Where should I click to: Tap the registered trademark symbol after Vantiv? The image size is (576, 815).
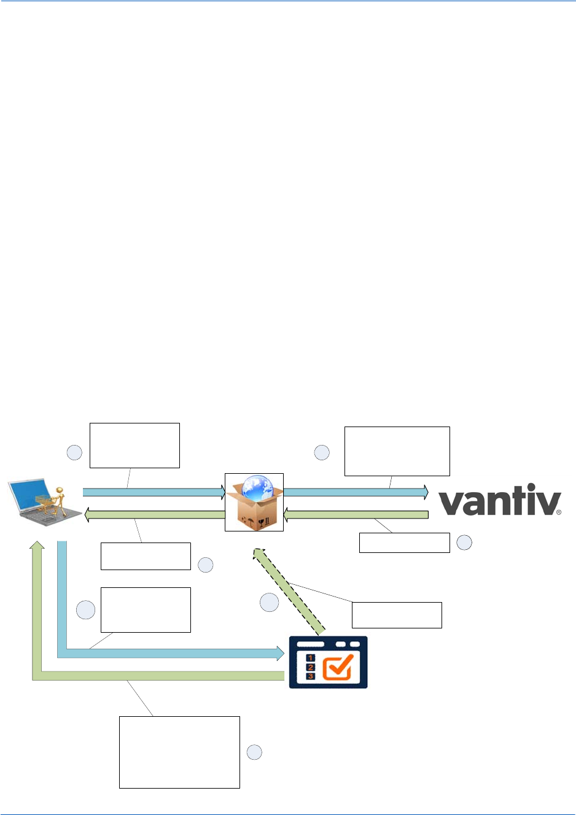[x=559, y=512]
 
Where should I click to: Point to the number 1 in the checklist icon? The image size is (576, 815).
[x=310, y=658]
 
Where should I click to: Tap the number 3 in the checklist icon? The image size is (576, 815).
[x=310, y=676]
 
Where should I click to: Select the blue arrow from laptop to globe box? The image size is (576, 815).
[x=154, y=492]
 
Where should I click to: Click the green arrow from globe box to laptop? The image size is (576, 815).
[x=154, y=514]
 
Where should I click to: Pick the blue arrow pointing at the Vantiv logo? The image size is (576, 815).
[x=356, y=492]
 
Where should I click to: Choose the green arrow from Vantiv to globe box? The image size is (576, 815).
[x=356, y=514]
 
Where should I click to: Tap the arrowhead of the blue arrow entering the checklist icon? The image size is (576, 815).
[x=279, y=653]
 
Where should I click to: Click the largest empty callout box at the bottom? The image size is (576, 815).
[x=179, y=752]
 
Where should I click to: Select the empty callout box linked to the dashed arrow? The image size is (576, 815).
[x=397, y=615]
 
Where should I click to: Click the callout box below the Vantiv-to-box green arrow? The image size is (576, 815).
[x=404, y=543]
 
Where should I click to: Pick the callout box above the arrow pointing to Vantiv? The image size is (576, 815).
[x=397, y=451]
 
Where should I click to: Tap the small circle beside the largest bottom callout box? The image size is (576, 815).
[x=254, y=752]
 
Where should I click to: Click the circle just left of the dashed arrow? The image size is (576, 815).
[x=269, y=603]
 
